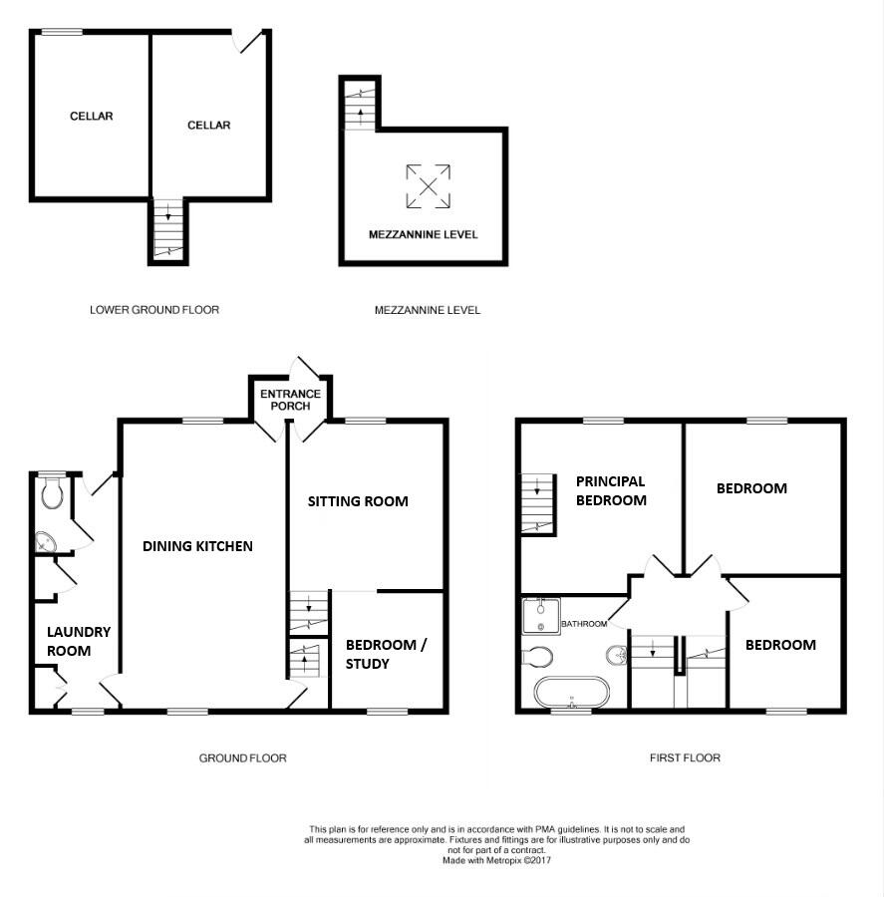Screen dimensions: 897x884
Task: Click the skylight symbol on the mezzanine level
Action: point(427,186)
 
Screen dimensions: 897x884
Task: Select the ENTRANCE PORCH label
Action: point(290,400)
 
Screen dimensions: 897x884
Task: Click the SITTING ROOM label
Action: point(357,501)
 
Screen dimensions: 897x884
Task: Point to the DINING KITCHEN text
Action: point(197,546)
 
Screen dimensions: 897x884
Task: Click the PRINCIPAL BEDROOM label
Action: point(611,490)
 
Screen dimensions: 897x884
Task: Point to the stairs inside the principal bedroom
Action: point(536,502)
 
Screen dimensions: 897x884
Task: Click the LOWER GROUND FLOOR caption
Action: point(154,310)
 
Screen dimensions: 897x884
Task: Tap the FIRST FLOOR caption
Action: point(685,757)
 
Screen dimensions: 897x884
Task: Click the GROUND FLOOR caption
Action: point(242,758)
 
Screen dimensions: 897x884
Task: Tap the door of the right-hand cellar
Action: point(248,43)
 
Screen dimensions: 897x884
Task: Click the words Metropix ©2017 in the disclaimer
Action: point(516,859)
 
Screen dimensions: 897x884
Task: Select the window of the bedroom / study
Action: point(388,712)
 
